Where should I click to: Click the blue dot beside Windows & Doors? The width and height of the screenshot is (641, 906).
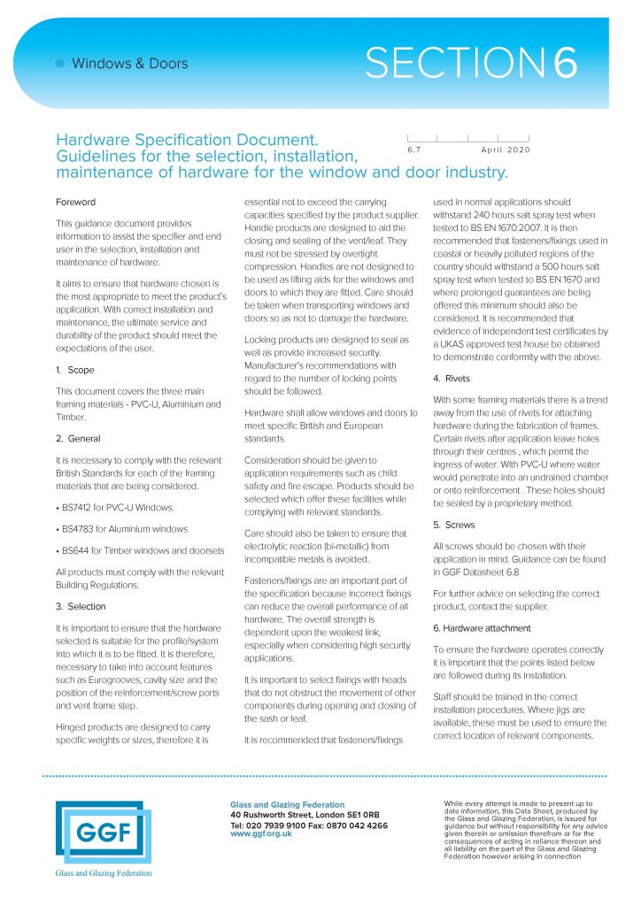point(60,64)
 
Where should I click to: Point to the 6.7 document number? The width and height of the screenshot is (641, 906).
point(414,150)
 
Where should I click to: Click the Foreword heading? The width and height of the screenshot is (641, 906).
point(75,202)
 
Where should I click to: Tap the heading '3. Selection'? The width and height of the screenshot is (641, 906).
point(81,607)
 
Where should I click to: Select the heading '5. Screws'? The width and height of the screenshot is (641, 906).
point(454,525)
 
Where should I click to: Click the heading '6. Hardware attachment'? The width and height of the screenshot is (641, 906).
point(483,627)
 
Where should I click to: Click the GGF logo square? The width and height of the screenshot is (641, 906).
point(98,831)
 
